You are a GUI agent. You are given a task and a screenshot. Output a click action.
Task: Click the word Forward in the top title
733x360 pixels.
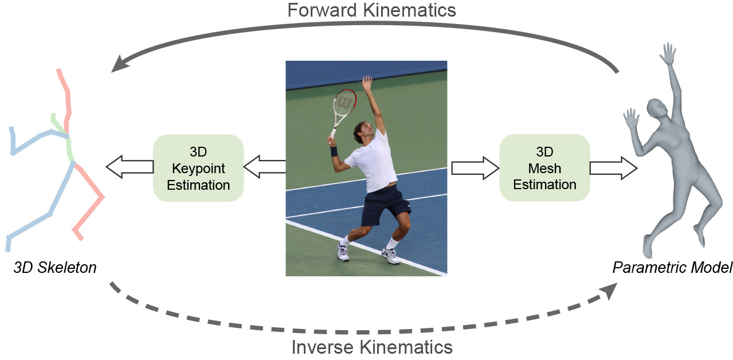tap(322, 10)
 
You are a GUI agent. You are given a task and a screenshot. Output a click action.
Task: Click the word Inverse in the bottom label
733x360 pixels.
tap(323, 347)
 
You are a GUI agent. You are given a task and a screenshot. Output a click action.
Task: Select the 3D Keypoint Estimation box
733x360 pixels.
tap(198, 168)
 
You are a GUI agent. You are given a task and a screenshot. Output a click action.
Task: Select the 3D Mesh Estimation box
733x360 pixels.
tap(544, 167)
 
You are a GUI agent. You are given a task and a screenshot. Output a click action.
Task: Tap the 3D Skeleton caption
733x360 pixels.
tap(55, 268)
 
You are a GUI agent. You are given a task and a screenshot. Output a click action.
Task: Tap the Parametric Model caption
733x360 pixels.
tap(672, 268)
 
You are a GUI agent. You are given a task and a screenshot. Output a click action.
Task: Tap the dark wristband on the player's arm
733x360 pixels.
tap(334, 151)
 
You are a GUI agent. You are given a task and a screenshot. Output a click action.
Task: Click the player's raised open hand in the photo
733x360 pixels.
tap(367, 83)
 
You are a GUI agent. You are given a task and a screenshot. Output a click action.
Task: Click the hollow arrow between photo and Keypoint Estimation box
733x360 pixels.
tap(264, 167)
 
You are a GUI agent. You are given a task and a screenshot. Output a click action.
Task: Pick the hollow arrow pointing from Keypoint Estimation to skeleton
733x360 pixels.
tap(130, 167)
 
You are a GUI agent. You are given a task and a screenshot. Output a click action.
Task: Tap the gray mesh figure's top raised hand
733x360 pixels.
tap(668, 53)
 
